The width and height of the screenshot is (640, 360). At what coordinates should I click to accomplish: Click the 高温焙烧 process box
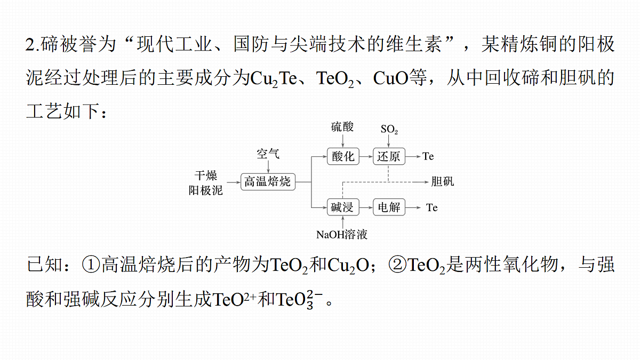[x=268, y=182]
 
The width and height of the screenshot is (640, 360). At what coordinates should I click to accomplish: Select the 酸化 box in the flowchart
[x=343, y=156]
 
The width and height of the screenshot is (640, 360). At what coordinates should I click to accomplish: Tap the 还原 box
[x=389, y=156]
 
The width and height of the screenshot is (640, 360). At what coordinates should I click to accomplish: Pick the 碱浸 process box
[x=343, y=207]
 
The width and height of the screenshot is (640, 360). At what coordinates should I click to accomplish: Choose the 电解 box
[x=389, y=207]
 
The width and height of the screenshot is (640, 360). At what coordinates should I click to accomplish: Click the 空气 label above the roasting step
[x=268, y=154]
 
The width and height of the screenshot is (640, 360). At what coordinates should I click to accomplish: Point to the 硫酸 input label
[x=342, y=127]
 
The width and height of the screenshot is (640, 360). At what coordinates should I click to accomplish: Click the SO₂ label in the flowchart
[x=389, y=129]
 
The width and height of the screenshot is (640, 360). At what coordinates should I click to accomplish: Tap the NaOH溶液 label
[x=342, y=235]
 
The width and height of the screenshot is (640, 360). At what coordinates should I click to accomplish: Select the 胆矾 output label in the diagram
[x=443, y=181]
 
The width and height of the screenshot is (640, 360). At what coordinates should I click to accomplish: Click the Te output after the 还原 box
[x=428, y=156]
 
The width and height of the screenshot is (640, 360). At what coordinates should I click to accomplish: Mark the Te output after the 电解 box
[x=431, y=207]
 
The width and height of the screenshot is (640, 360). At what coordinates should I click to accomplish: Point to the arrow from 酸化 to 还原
[x=366, y=157]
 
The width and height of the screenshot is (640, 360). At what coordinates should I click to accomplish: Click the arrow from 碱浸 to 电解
[x=366, y=207]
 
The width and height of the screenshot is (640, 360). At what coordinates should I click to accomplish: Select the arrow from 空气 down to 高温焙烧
[x=268, y=167]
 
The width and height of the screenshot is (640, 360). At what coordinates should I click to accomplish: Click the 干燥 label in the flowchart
[x=206, y=175]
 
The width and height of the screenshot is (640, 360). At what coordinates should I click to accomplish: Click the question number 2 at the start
[x=30, y=45]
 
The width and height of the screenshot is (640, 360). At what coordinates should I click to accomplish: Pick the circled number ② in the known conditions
[x=398, y=265]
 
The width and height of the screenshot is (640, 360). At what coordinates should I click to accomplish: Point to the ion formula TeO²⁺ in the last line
[x=234, y=299]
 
